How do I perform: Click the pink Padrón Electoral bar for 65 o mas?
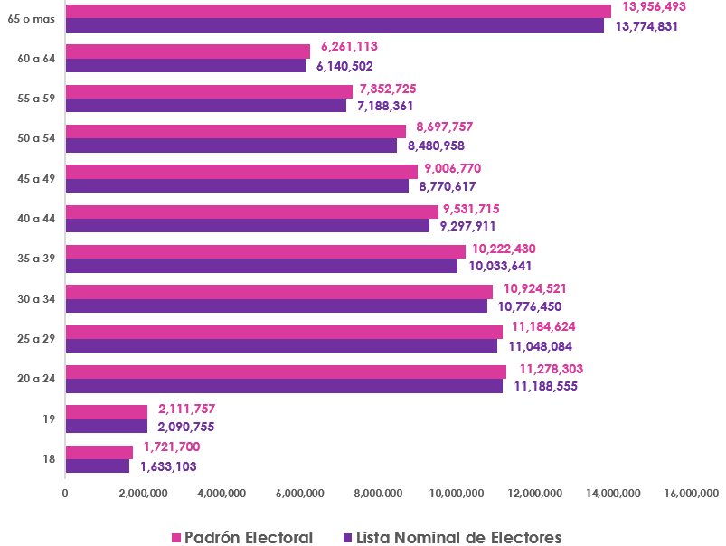(x=338, y=11)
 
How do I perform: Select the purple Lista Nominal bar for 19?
(x=106, y=426)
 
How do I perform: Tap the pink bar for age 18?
(x=99, y=451)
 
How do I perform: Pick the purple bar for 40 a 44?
(x=248, y=226)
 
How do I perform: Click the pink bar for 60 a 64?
(x=188, y=52)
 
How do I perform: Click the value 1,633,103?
(x=168, y=467)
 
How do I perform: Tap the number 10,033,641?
(x=500, y=266)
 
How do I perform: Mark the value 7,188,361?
(x=385, y=106)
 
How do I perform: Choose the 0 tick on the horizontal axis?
(x=65, y=493)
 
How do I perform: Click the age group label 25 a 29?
(x=36, y=338)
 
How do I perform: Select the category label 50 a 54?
(x=36, y=138)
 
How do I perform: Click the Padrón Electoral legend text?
(x=249, y=537)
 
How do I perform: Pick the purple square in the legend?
(x=347, y=538)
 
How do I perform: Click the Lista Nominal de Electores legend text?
(x=458, y=537)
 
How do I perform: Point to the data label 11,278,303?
(x=551, y=369)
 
